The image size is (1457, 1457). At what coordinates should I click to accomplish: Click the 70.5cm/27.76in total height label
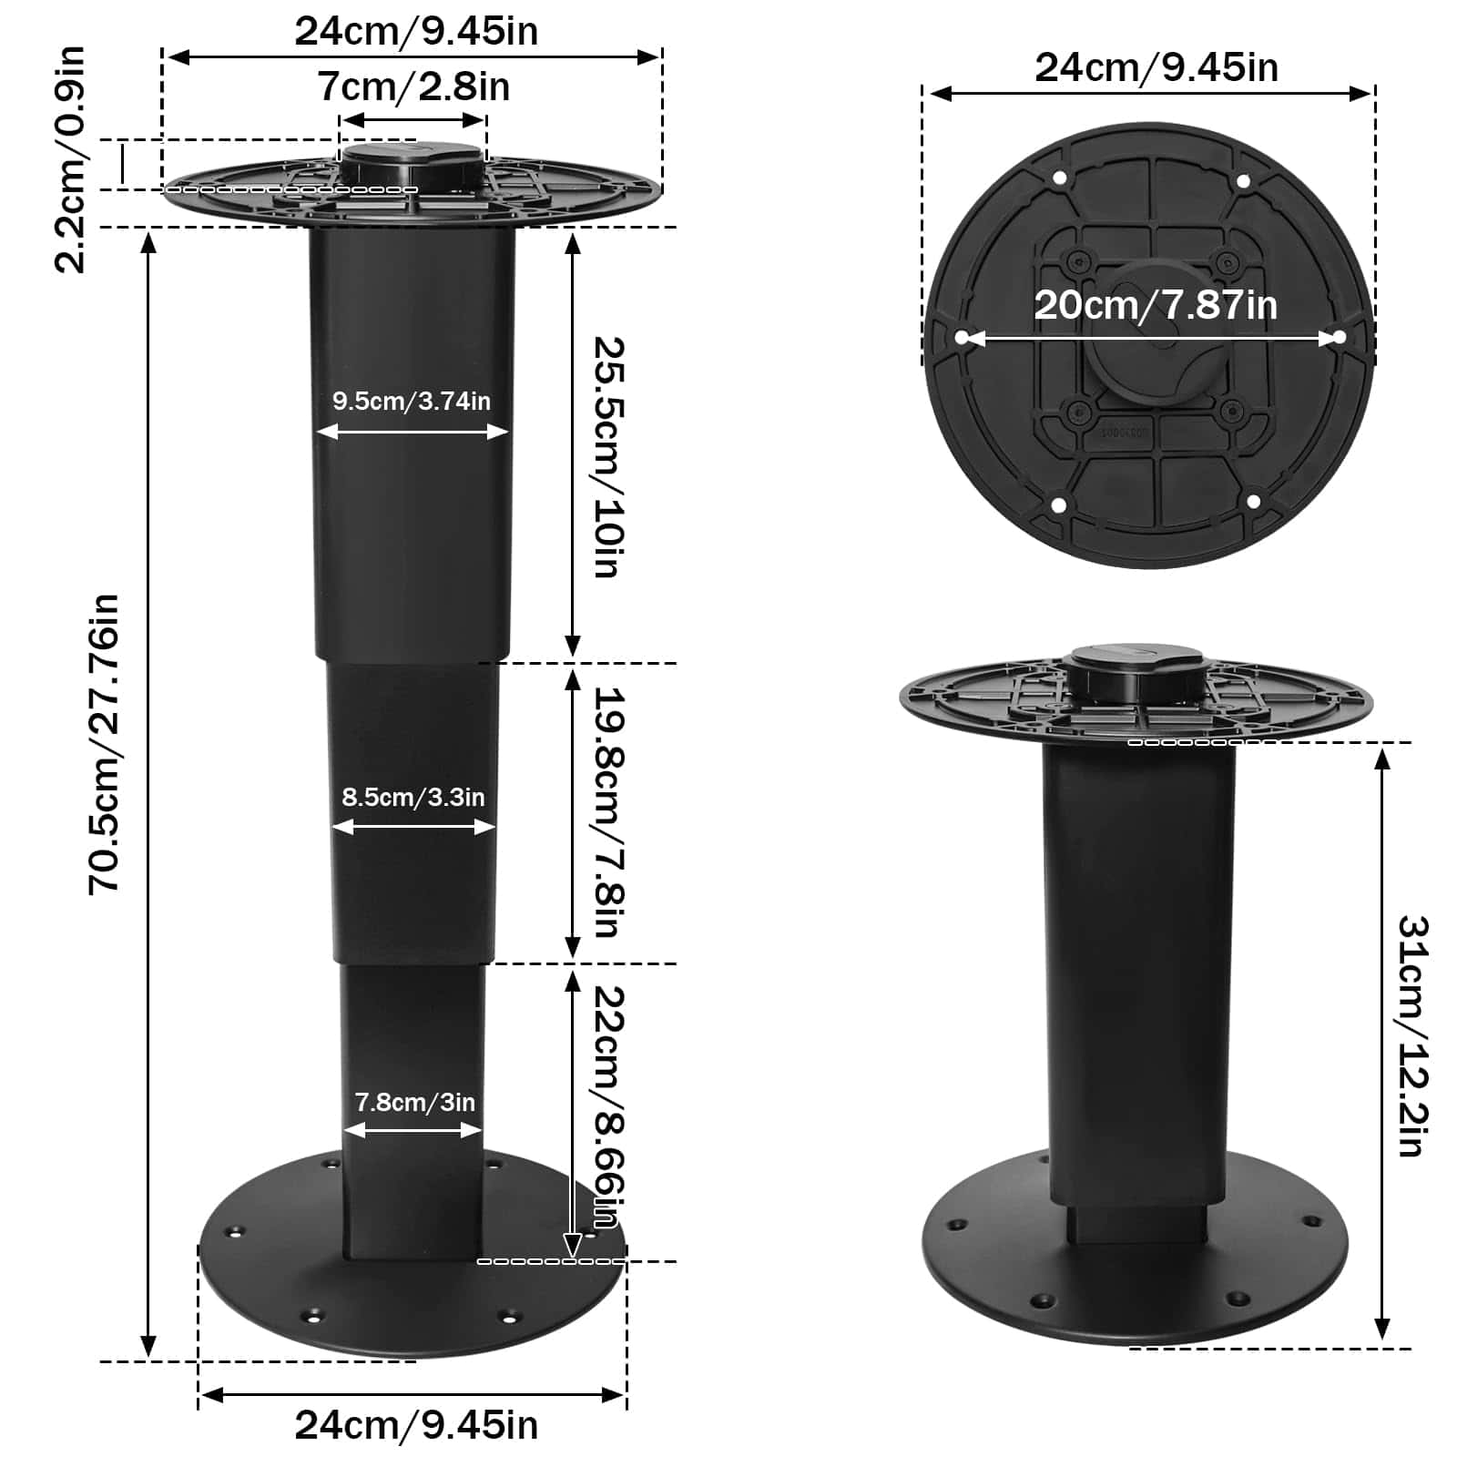coord(104,742)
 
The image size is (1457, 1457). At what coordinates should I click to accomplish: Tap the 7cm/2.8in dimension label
coord(413,87)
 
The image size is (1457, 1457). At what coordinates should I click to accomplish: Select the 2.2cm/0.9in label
coord(70,159)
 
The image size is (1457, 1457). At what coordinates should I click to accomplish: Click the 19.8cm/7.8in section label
coord(607,811)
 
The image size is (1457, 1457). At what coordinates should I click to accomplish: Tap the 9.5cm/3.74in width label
coord(411,401)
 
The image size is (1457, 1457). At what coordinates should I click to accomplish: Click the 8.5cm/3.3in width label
coord(413,797)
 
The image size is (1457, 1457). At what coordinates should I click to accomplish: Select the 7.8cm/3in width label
coord(414,1102)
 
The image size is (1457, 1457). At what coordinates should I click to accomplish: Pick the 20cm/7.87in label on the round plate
coord(1155,305)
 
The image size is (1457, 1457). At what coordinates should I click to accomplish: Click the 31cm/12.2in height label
coord(1411,1035)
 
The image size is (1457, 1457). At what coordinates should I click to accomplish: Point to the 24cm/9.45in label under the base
coord(416,1425)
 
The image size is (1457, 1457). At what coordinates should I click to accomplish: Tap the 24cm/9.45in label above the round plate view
coord(1156,67)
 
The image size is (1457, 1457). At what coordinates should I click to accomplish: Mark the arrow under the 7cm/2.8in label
coord(413,120)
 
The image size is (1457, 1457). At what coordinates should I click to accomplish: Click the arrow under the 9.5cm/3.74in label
coord(411,432)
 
